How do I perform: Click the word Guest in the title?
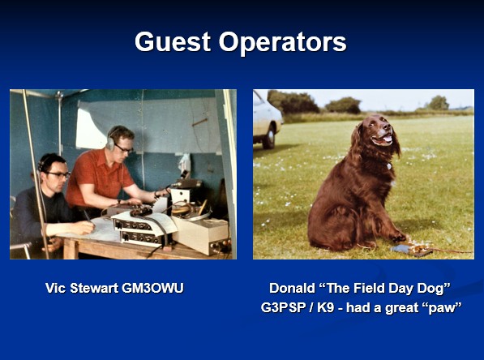173,41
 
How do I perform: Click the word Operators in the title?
283,43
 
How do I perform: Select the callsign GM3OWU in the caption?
152,288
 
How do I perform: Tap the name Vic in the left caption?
56,288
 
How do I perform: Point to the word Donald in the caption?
292,289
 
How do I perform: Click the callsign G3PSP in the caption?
284,308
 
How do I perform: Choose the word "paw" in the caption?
443,308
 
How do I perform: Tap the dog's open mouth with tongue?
383,139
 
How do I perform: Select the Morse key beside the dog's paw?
412,249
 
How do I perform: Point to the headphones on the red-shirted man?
110,139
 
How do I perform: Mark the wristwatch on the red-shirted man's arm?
119,201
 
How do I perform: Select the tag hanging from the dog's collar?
389,166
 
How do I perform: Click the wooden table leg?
71,249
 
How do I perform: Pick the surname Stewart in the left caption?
94,288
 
